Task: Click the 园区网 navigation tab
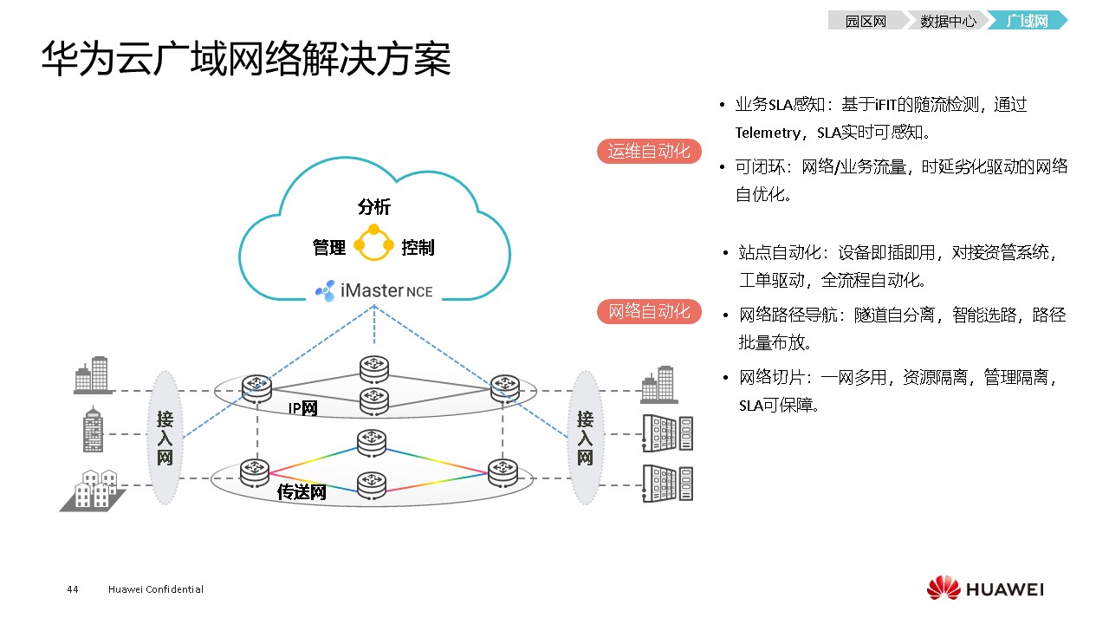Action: pos(866,21)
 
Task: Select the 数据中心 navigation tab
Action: pos(947,21)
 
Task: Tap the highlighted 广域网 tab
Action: pos(1028,21)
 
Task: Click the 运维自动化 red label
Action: pos(649,151)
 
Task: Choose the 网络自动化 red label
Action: pos(649,311)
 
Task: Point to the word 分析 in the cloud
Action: pos(374,207)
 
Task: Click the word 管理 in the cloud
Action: pos(329,248)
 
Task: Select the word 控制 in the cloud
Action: pos(418,248)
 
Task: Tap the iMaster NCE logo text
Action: pos(374,290)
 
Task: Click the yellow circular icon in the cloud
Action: pos(374,244)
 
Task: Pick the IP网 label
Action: pos(302,408)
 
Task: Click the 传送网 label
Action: pos(302,493)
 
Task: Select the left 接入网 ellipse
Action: pos(165,438)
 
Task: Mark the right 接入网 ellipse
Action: pos(585,438)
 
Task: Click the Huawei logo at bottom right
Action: pos(985,588)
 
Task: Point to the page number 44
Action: pos(73,589)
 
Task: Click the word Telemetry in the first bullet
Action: pos(769,133)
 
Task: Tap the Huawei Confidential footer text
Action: pos(156,589)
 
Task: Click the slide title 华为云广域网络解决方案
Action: pos(246,59)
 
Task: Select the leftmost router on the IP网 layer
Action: pos(256,387)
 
